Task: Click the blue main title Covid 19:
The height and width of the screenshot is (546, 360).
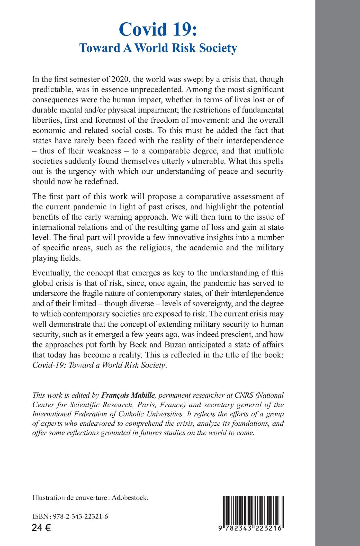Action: [x=158, y=30]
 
